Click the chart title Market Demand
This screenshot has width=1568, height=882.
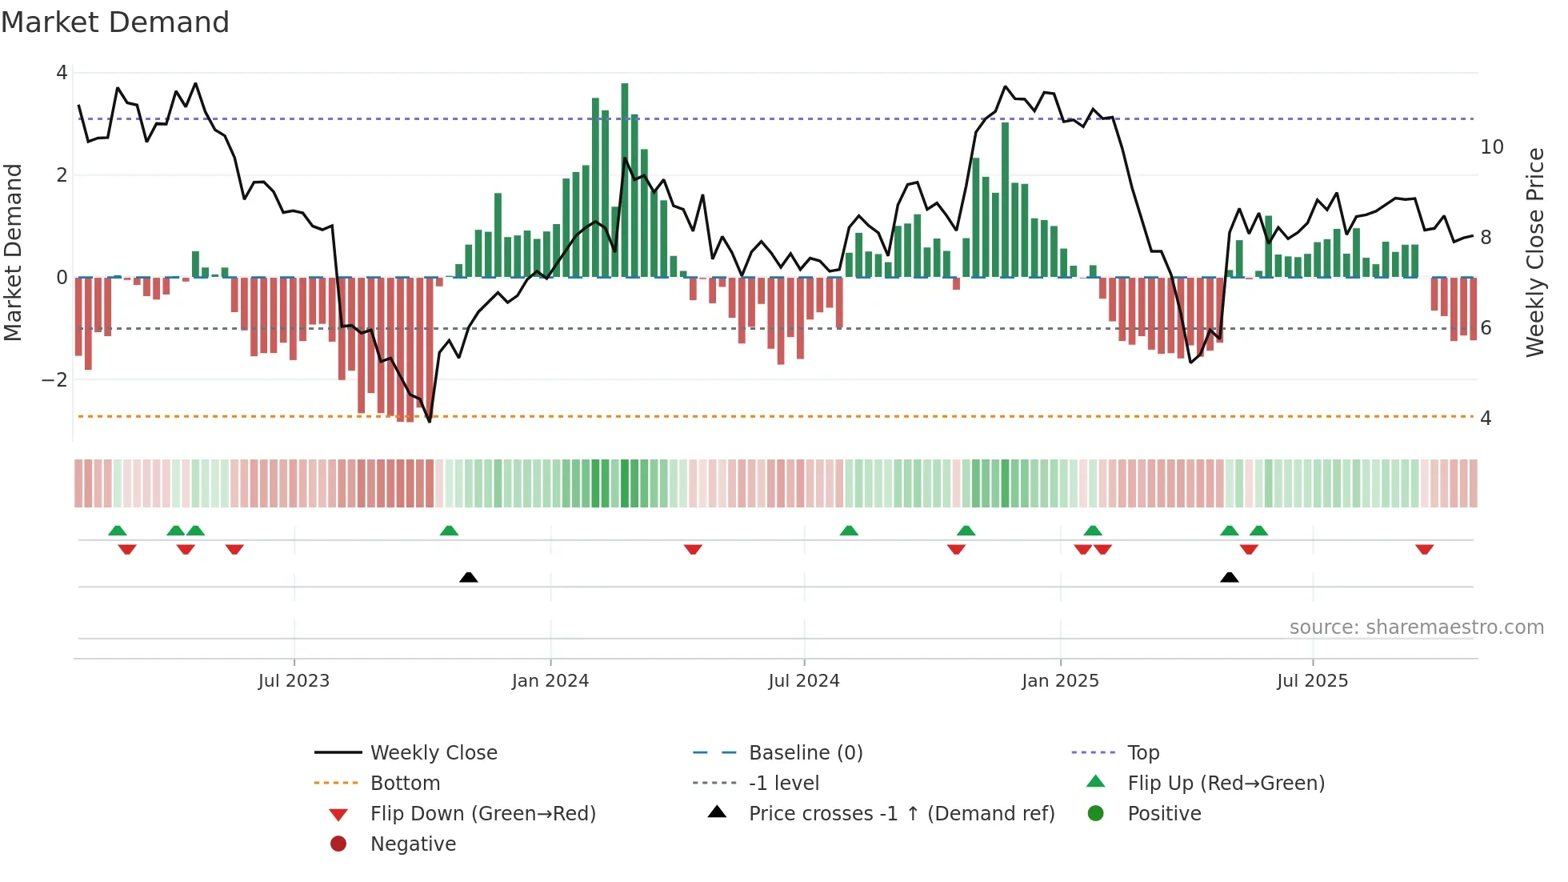(x=115, y=22)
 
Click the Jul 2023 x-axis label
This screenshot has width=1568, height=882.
(x=294, y=681)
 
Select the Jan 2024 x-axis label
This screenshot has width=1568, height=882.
(x=550, y=681)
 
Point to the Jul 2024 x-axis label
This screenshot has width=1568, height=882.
(x=804, y=681)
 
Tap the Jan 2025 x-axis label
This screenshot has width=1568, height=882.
(x=1060, y=681)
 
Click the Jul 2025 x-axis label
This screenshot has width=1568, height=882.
(x=1312, y=681)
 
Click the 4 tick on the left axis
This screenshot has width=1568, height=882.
(x=62, y=73)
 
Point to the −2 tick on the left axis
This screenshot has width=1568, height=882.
(x=54, y=380)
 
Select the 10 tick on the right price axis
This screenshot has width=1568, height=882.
(x=1491, y=147)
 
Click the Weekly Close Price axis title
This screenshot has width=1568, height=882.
(x=1534, y=252)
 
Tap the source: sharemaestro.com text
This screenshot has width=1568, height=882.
(x=1416, y=627)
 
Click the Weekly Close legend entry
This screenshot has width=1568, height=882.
(x=433, y=753)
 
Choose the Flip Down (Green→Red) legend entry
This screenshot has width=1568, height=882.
(x=482, y=814)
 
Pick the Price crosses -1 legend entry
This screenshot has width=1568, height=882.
(x=901, y=814)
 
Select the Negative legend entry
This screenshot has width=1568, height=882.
(x=413, y=844)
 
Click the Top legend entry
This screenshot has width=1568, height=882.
(x=1143, y=753)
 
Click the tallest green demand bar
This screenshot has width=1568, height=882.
(x=625, y=180)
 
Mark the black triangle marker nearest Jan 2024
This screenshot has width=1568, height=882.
(x=469, y=577)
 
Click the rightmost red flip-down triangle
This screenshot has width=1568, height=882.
(x=1424, y=550)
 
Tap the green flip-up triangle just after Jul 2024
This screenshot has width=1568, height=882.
(x=849, y=531)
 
